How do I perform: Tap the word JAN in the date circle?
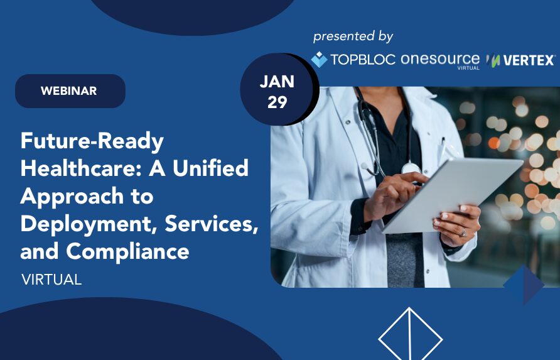(x=277, y=82)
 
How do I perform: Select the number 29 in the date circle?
(x=277, y=102)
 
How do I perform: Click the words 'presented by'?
(x=353, y=36)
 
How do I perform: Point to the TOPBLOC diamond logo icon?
(x=319, y=59)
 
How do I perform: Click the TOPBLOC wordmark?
(x=362, y=60)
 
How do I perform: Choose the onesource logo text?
(x=440, y=60)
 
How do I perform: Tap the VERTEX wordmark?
(x=529, y=60)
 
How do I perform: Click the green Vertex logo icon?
(x=493, y=60)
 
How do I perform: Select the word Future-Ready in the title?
(x=92, y=141)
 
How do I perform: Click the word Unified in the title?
(x=210, y=168)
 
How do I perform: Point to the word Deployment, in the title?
(x=89, y=224)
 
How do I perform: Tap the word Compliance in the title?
(x=127, y=251)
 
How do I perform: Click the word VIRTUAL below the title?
(x=51, y=280)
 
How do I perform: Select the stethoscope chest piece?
(x=411, y=168)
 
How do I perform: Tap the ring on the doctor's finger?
(x=463, y=232)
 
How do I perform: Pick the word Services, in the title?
(x=212, y=224)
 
